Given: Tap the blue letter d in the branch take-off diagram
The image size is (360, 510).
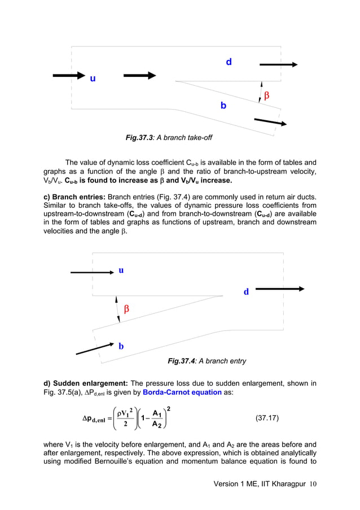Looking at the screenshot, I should click(x=229, y=62).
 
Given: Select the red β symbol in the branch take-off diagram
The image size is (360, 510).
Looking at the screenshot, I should click(x=266, y=96).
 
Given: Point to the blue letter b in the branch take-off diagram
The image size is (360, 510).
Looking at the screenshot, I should click(x=223, y=105).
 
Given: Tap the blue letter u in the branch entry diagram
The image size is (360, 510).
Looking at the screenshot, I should click(x=121, y=270).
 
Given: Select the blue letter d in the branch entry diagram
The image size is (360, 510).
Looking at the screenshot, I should click(x=246, y=292).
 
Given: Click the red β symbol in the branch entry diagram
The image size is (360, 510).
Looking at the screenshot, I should click(x=126, y=309).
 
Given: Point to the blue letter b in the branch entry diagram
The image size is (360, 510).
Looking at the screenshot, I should click(x=121, y=346).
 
